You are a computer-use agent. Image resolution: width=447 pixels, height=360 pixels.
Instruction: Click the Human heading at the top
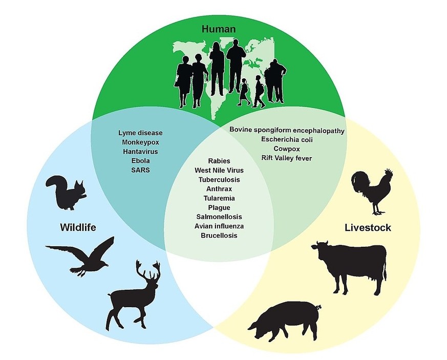(219, 30)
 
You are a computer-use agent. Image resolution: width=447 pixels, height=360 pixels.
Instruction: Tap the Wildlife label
(78, 226)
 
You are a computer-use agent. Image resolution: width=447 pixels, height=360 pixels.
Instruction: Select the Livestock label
(368, 227)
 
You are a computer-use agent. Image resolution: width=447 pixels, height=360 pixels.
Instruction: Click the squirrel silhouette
(66, 194)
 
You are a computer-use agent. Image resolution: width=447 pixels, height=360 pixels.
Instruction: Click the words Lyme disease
(140, 133)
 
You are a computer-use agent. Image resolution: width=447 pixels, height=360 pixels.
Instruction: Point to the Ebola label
(140, 161)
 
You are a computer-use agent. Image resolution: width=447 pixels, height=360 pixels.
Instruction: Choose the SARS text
(140, 170)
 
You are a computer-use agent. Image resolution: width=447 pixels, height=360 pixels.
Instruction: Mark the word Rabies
(219, 161)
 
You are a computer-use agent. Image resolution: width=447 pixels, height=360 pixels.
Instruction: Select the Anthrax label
(219, 189)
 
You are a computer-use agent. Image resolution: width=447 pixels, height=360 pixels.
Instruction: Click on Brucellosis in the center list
(219, 236)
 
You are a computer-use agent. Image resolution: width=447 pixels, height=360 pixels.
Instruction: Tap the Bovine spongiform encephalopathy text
(287, 130)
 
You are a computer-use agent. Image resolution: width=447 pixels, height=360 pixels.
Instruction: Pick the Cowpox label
(286, 149)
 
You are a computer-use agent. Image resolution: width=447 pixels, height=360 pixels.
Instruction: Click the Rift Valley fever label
(286, 158)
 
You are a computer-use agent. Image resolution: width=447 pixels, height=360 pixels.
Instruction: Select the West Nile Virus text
(219, 171)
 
